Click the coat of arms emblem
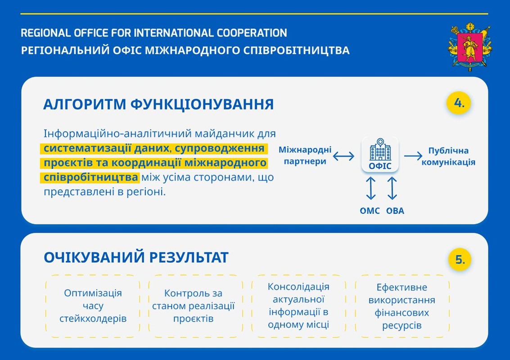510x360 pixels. click(470, 46)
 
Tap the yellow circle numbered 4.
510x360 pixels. click(459, 103)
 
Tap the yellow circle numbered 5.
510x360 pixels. click(460, 260)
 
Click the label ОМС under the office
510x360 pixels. click(370, 211)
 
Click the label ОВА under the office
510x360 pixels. click(395, 211)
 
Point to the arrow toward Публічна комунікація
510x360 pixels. click(413, 156)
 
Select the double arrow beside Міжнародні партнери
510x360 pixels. click(344, 156)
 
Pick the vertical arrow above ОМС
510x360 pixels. click(371, 188)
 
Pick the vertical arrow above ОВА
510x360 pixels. click(392, 188)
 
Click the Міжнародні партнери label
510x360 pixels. click(305, 155)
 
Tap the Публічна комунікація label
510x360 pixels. click(448, 156)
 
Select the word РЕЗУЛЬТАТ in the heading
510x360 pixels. click(189, 257)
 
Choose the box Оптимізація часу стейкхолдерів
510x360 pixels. click(93, 306)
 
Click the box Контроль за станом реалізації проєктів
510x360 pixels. click(196, 306)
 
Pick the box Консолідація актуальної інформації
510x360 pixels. click(298, 306)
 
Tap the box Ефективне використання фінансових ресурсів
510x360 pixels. click(402, 306)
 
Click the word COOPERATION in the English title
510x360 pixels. click(252, 33)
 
